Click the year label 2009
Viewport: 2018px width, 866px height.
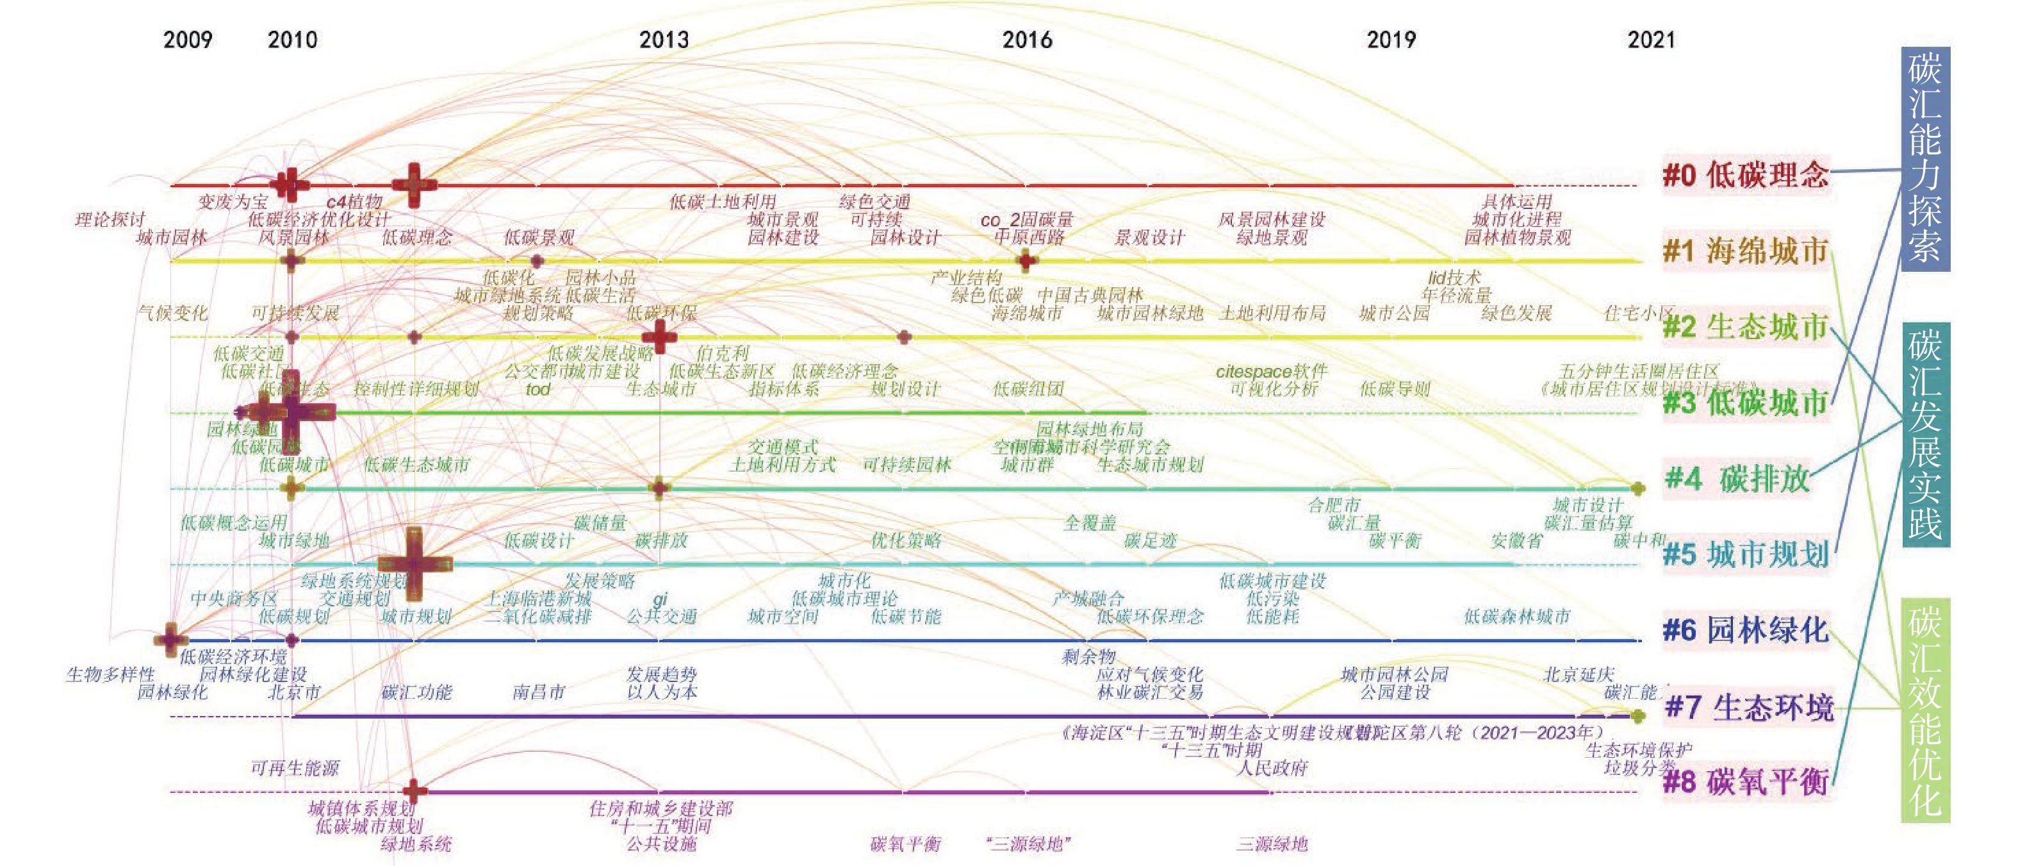[x=187, y=40]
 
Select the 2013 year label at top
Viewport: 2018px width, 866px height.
[x=664, y=40]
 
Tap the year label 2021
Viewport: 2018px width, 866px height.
[x=1650, y=40]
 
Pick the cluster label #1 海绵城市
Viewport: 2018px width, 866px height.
[x=1745, y=251]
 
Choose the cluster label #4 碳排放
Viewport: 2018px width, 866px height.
[x=1737, y=478]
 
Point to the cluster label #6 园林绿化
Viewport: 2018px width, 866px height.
[x=1745, y=630]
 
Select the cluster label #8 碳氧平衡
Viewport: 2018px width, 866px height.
[x=1745, y=782]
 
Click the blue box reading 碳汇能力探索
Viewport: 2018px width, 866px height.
[x=1924, y=159]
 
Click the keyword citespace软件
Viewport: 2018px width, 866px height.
[x=1272, y=371]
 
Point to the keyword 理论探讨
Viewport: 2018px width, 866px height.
[x=110, y=219]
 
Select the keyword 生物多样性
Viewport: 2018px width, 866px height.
[x=110, y=674]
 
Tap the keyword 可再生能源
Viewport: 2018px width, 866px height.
[x=295, y=768]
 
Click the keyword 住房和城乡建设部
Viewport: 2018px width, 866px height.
[x=660, y=808]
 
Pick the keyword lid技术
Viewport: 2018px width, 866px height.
[x=1454, y=278]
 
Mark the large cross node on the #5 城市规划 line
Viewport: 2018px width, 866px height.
[x=414, y=563]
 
